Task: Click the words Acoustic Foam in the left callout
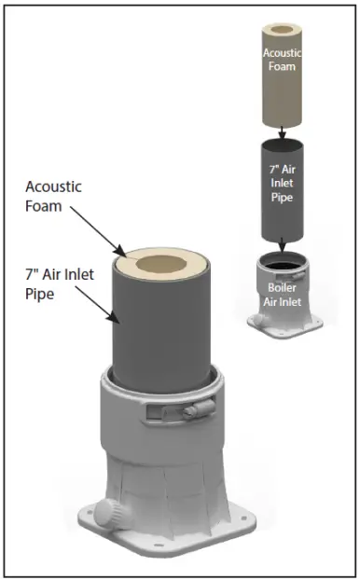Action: pyautogui.click(x=53, y=196)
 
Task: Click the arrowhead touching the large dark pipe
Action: pyautogui.click(x=116, y=319)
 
